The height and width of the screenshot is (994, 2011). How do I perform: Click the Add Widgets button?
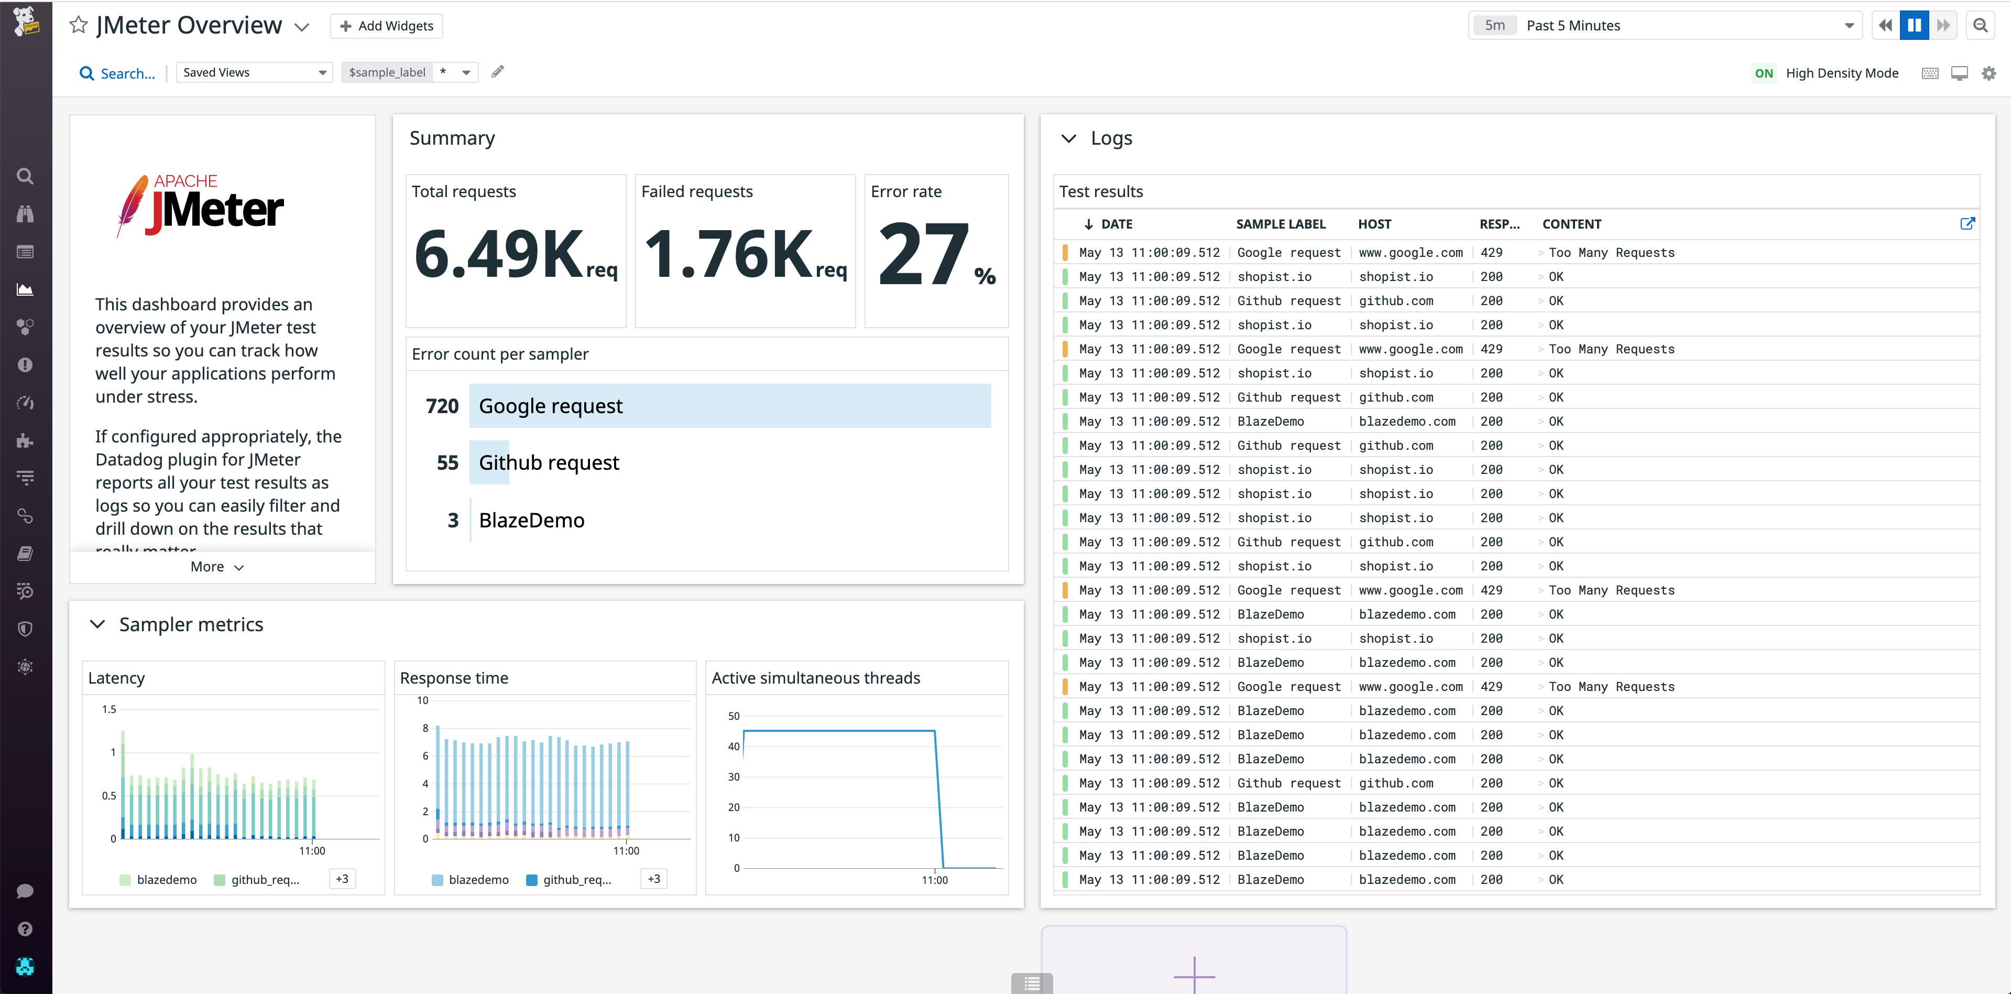click(387, 26)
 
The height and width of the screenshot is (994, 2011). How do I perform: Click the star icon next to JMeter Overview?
click(78, 25)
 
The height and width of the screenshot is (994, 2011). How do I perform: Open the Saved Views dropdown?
click(254, 73)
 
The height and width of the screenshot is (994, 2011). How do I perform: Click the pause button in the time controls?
click(1914, 25)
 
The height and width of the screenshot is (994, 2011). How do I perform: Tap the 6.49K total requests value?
click(500, 254)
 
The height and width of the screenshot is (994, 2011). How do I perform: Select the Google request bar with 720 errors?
click(729, 406)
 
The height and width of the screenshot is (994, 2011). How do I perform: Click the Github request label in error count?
click(548, 463)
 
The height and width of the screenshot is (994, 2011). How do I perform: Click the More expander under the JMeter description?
click(217, 567)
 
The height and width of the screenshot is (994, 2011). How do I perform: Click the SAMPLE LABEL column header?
click(1280, 224)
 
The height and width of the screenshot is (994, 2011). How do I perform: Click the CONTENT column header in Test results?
click(1571, 224)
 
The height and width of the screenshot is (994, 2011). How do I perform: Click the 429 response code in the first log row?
click(1491, 252)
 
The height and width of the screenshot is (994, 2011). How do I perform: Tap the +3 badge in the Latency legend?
click(342, 879)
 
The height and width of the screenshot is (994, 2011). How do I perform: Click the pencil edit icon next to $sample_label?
click(497, 72)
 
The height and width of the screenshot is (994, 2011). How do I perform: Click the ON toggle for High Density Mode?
click(1764, 73)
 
